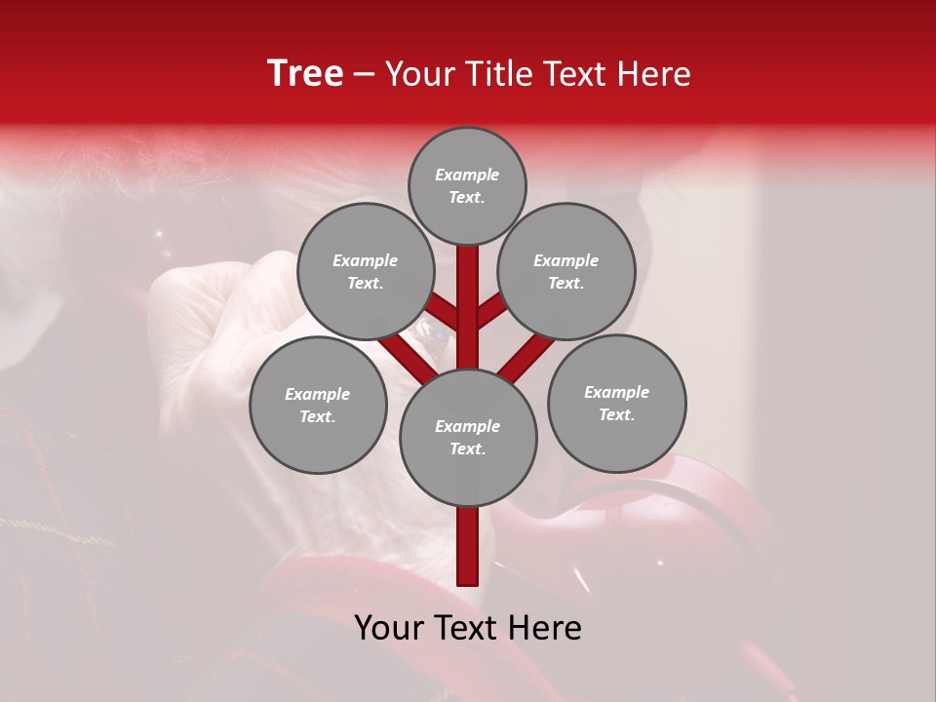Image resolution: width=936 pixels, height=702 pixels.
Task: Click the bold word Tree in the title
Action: click(305, 74)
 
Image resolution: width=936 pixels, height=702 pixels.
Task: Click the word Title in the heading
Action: click(495, 74)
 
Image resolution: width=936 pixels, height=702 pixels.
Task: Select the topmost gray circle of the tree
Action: click(467, 185)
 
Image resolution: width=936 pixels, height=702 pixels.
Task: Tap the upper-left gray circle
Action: click(365, 271)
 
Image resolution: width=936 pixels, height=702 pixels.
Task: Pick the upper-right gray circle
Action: click(566, 271)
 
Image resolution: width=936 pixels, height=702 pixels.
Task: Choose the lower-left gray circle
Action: click(318, 405)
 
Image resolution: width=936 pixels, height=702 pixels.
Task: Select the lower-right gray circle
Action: click(616, 403)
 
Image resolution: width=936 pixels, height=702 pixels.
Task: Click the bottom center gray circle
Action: click(468, 437)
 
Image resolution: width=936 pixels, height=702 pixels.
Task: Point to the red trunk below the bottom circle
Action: click(468, 546)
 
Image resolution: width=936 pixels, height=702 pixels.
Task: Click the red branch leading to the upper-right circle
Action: click(492, 313)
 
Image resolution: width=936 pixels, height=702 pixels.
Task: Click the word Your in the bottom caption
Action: click(388, 628)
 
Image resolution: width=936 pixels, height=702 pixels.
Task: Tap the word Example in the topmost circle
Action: click(467, 175)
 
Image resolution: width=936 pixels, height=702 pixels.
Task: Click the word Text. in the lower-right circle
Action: click(616, 414)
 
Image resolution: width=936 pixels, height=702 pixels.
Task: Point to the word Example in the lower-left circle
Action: click(318, 394)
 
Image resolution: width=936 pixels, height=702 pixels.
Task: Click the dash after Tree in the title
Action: click(365, 74)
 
